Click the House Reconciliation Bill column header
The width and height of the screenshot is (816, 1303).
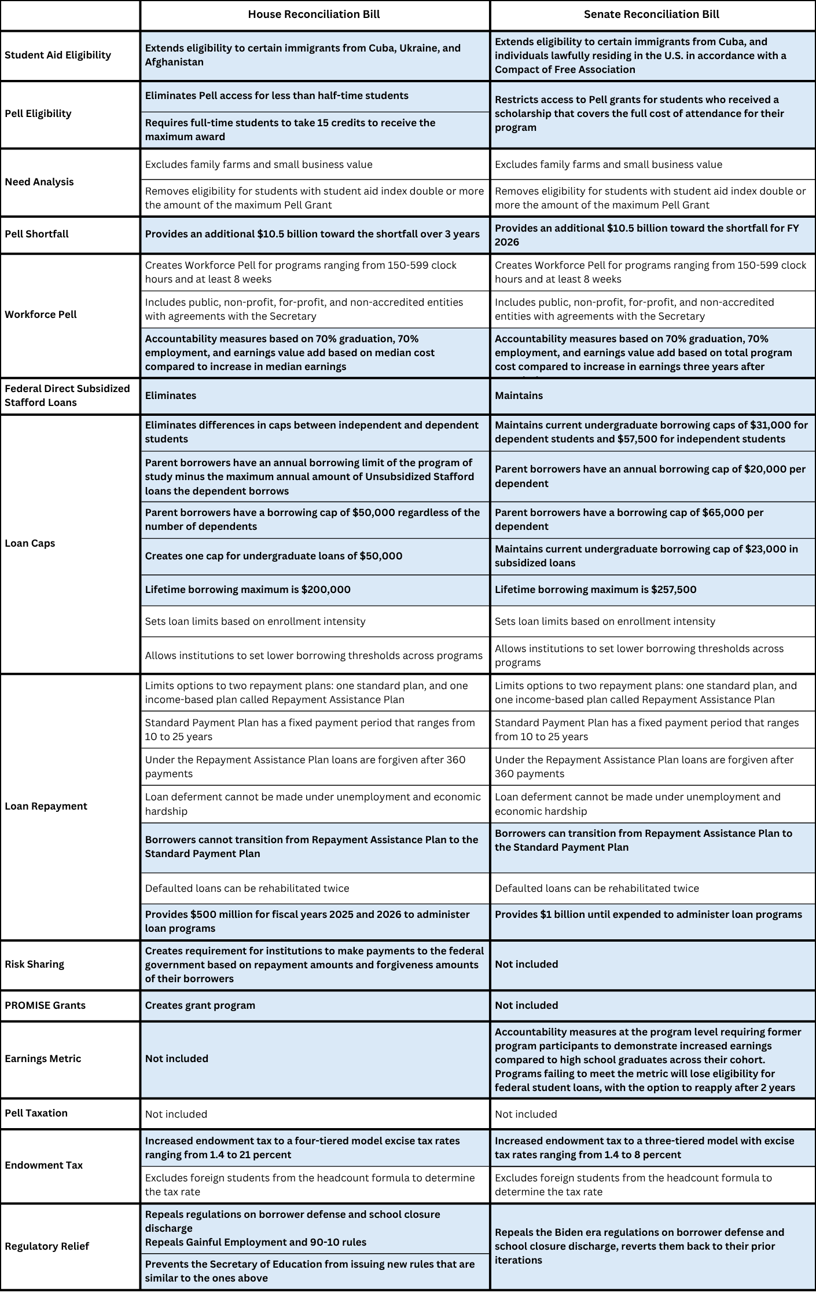(x=314, y=14)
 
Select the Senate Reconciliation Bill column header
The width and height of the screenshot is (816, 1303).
(x=651, y=14)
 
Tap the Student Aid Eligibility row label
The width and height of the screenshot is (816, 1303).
(x=58, y=55)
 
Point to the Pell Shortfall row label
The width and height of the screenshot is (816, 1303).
(x=36, y=234)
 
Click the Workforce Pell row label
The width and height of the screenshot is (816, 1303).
(x=41, y=314)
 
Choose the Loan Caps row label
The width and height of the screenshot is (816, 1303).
(x=30, y=543)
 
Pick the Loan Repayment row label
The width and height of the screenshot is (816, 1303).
(x=46, y=806)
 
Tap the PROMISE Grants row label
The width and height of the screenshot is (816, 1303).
(x=45, y=1005)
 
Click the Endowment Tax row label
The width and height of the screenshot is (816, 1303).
(x=43, y=1165)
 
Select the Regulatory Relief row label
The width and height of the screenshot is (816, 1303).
(x=47, y=1246)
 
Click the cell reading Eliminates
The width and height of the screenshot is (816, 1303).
(x=171, y=396)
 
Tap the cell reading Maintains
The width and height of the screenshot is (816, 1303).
(x=519, y=396)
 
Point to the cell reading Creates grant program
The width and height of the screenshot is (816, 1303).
(x=200, y=1005)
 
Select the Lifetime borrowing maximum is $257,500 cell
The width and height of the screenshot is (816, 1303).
(x=596, y=590)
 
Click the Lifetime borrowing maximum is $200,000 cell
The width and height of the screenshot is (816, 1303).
(x=248, y=590)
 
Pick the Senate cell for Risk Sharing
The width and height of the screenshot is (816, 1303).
(x=526, y=964)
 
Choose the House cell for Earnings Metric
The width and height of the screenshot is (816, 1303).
(x=177, y=1059)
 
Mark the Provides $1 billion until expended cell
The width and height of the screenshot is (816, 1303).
(x=648, y=914)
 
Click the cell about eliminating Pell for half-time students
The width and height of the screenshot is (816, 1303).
(x=277, y=96)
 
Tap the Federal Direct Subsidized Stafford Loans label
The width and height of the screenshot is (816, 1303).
(x=67, y=396)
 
